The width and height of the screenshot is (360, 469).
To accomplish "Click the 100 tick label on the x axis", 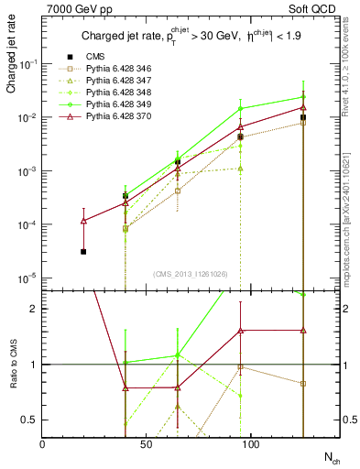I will pyautogui.click(x=251, y=443).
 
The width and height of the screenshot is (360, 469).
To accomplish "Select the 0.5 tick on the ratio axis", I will pyautogui.click(x=31, y=420).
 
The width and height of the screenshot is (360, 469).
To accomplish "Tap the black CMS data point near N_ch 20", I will pyautogui.click(x=84, y=251).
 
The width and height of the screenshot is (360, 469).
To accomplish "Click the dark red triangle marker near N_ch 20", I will pyautogui.click(x=84, y=221).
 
